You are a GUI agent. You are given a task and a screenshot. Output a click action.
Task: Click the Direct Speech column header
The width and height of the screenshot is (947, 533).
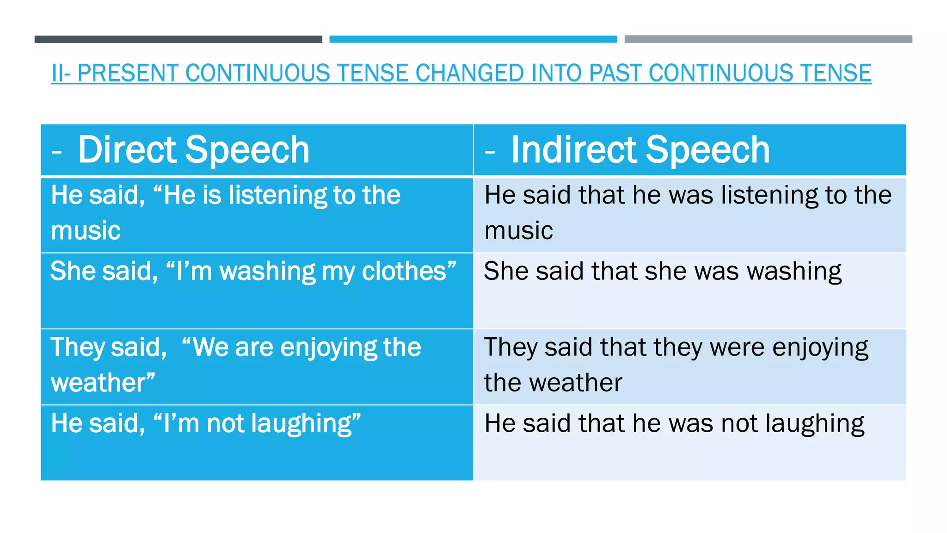click(x=193, y=150)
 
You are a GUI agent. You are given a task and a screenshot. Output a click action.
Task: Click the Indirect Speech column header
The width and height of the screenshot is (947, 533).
click(x=640, y=150)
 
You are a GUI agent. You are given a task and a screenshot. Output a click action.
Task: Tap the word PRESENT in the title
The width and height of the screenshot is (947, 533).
click(x=128, y=73)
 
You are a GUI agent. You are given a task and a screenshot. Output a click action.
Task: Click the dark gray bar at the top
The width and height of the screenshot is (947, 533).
click(x=178, y=39)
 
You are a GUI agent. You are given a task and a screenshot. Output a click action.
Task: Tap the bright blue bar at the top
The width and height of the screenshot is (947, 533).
click(x=473, y=39)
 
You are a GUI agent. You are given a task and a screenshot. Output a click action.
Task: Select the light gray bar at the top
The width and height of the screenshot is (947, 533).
click(x=768, y=39)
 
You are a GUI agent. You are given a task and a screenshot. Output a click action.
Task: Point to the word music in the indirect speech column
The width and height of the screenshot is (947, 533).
click(x=518, y=230)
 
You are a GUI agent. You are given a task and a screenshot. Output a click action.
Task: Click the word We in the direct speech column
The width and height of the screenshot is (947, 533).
click(x=210, y=347)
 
